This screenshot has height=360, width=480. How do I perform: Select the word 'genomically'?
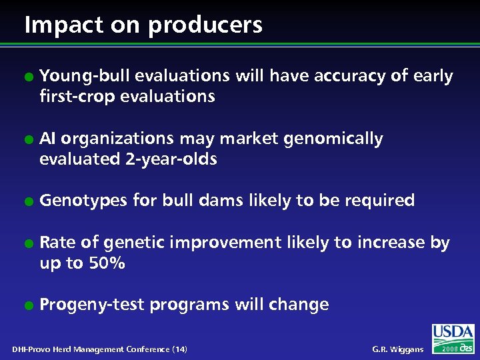point(333,139)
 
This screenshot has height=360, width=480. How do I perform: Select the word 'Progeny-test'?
point(92,305)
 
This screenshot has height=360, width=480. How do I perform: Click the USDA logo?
point(453,333)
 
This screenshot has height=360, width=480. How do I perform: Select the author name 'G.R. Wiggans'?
point(397,349)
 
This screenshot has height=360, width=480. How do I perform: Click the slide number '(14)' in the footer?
point(179,349)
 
